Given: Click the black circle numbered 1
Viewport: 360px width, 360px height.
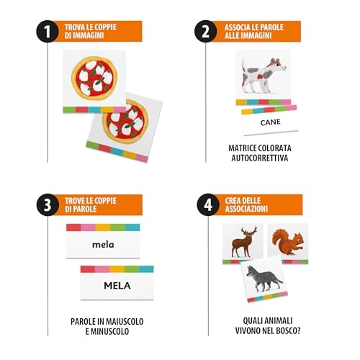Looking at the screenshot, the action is click(x=48, y=32).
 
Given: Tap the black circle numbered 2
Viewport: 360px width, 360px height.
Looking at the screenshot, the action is click(x=206, y=32).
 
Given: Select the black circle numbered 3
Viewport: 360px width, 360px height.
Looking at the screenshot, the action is click(x=48, y=205).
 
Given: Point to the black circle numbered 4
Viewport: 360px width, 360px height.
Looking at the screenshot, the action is click(x=208, y=204).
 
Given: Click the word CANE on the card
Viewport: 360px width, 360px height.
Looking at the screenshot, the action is click(x=270, y=122).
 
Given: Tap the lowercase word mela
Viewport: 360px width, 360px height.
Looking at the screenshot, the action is click(x=103, y=245).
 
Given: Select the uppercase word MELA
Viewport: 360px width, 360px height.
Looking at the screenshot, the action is click(x=117, y=286).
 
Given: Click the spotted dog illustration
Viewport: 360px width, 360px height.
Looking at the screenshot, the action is click(x=264, y=75).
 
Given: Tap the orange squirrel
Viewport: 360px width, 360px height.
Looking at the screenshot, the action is click(x=288, y=242).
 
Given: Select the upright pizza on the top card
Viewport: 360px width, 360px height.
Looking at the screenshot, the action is click(x=94, y=78).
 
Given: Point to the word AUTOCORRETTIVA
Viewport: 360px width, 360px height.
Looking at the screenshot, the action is click(x=260, y=158).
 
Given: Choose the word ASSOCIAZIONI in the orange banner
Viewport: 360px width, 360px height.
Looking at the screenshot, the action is click(x=246, y=209).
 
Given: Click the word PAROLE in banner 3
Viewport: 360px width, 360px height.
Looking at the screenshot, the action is click(x=81, y=209).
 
